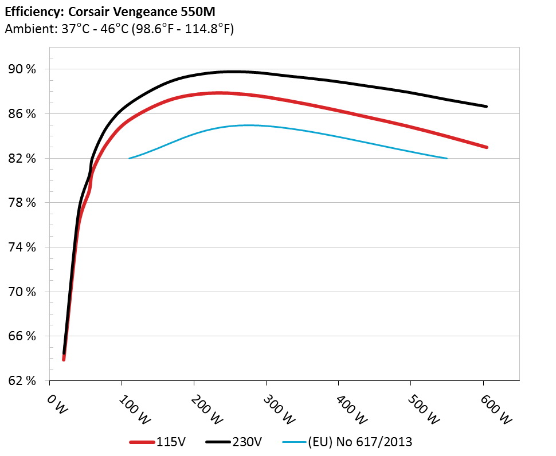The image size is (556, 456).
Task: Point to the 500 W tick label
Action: coord(423,410)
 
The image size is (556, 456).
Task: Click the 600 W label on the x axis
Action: coord(495,410)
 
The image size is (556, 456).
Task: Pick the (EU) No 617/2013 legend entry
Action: coord(359,442)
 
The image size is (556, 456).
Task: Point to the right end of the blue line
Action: coord(447,158)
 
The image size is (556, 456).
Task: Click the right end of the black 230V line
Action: coord(487,107)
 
